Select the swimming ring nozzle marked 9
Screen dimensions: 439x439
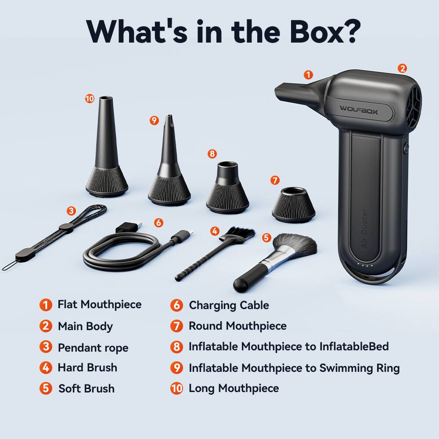[x=169, y=167]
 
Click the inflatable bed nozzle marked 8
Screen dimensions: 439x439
[x=227, y=187]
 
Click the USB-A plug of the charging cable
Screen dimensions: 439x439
[x=130, y=226]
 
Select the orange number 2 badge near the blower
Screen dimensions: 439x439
[x=402, y=68]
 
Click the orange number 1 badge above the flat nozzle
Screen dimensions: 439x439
[x=309, y=75]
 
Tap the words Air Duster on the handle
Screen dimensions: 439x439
[x=364, y=228]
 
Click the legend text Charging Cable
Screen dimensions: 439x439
[x=229, y=305]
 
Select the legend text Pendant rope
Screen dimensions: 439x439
[x=93, y=348]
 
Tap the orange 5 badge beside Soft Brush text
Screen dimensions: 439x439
[x=46, y=389]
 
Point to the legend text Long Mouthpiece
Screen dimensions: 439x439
[x=234, y=389]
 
